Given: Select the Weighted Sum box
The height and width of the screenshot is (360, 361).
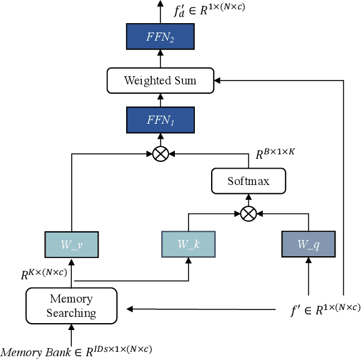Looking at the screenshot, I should [161, 80].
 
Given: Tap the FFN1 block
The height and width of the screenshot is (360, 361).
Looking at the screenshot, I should [161, 120].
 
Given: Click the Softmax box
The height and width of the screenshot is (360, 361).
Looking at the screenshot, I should [249, 182].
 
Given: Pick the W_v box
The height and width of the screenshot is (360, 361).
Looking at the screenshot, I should [72, 244].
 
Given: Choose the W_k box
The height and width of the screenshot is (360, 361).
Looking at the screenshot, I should [188, 244].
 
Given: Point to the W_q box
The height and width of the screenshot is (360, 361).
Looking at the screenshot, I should [309, 244].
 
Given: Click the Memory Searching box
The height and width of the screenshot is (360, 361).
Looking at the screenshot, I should [71, 305].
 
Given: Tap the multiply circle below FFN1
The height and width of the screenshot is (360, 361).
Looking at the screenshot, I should [161, 154].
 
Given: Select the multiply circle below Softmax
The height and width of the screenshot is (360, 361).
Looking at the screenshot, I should [249, 213].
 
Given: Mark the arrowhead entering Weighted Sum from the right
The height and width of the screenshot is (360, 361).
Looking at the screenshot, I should [217, 80].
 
